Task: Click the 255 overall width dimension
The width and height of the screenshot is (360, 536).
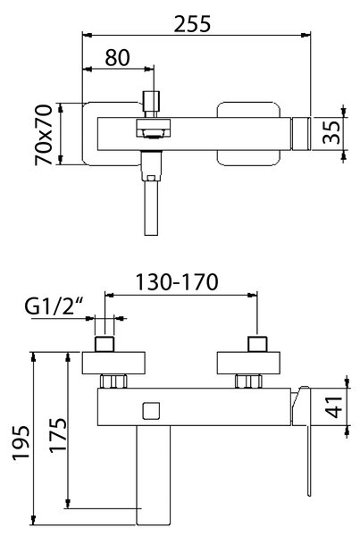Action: pos(192,24)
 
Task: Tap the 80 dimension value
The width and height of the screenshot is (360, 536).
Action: pos(117,58)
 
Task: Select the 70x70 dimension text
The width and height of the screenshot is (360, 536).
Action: pos(44,135)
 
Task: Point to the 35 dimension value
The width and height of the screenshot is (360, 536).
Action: pos(332,132)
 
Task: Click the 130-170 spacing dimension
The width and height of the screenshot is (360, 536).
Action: pos(177,282)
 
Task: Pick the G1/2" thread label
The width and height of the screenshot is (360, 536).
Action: pos(54,306)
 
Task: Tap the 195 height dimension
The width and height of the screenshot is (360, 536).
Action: pos(21,443)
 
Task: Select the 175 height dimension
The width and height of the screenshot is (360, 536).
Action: pos(58,435)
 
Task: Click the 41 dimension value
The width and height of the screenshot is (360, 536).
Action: pos(334,407)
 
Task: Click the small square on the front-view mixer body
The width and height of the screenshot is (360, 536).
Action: pos(151,411)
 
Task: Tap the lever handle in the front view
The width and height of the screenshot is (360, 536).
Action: pos(302,441)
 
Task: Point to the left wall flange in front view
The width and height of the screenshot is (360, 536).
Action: pos(113,363)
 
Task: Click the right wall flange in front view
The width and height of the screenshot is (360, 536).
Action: pos(248,363)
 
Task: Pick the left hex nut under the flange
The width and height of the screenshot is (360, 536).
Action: pos(113,381)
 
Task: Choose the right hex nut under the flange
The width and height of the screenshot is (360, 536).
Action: pos(248,381)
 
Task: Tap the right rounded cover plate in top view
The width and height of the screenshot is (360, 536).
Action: pos(248,134)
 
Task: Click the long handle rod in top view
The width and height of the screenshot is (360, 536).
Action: pos(151,207)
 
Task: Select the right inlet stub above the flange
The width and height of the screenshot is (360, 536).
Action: pos(258,344)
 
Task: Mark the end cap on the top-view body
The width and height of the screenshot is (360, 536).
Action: pos(300,134)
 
